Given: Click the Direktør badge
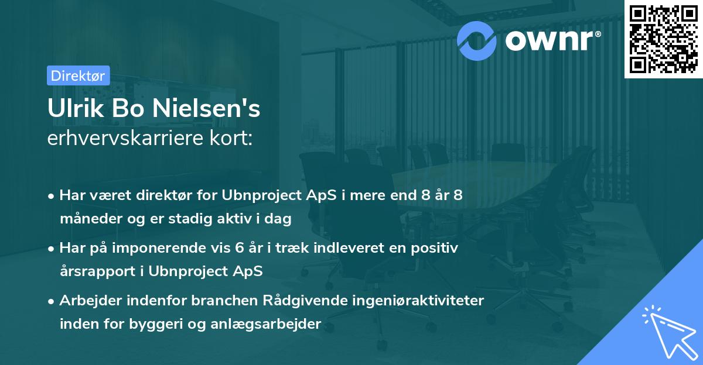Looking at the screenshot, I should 78,75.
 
